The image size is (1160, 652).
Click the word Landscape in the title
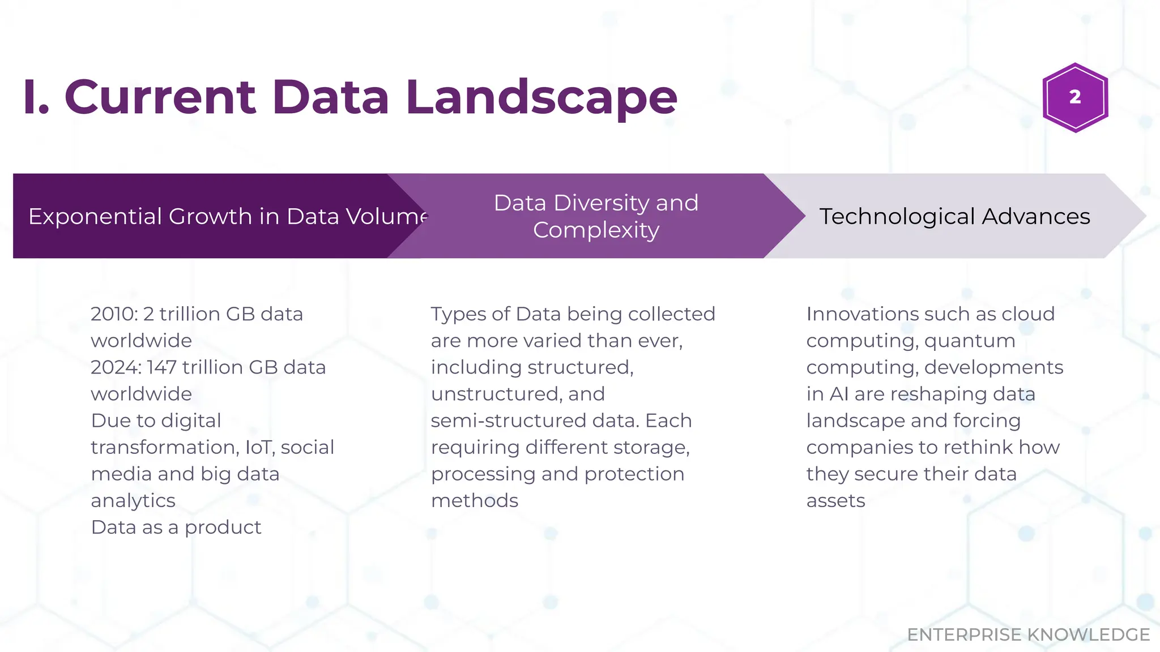point(541,97)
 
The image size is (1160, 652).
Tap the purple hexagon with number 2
point(1075,97)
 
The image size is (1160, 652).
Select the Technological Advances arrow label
point(954,216)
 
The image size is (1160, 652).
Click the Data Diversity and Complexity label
point(596,216)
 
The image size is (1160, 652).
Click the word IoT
point(258,447)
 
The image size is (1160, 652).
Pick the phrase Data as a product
point(176,527)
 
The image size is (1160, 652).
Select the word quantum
point(970,341)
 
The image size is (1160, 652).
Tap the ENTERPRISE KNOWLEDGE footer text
point(1028,634)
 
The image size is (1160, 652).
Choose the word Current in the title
point(160,97)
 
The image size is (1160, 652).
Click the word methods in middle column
point(475,500)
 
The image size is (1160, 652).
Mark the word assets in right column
point(835,500)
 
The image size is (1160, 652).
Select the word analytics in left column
point(133,500)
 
